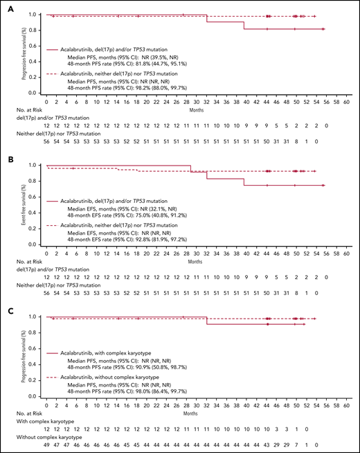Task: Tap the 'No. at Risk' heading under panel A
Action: pos(26,109)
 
